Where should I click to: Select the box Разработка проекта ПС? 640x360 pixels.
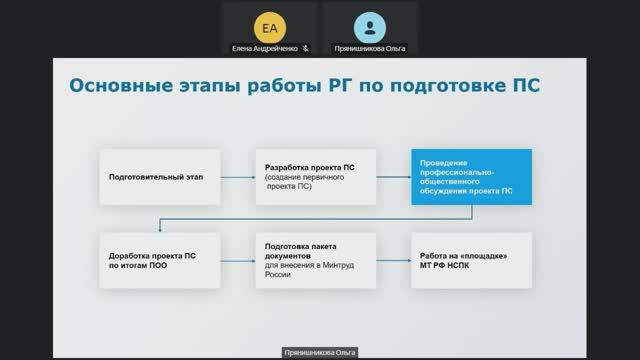[x=315, y=176]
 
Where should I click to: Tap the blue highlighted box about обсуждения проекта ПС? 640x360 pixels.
[x=471, y=176]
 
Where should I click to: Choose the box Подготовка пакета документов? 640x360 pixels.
[x=315, y=260]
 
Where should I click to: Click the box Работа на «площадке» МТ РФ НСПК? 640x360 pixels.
[x=471, y=260]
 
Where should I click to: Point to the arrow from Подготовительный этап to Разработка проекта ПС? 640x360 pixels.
[x=236, y=176]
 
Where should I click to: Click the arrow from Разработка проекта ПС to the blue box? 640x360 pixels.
[x=393, y=176]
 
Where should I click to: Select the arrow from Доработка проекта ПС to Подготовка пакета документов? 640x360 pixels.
[x=236, y=260]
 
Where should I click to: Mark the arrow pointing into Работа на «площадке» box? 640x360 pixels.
[x=393, y=260]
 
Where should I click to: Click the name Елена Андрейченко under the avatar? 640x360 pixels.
[x=264, y=47]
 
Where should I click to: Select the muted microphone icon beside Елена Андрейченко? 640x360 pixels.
[x=305, y=47]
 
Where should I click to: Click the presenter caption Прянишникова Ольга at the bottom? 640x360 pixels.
[x=319, y=353]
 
